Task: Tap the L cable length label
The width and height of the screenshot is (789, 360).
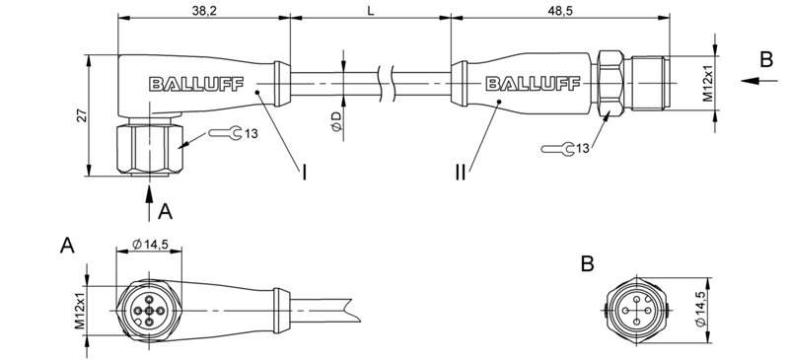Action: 369,10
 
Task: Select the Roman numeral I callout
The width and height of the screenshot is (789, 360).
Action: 305,173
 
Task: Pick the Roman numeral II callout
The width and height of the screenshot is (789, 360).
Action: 460,173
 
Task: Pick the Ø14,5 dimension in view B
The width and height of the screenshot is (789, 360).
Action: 700,308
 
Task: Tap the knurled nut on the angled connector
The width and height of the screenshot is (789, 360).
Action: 147,148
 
